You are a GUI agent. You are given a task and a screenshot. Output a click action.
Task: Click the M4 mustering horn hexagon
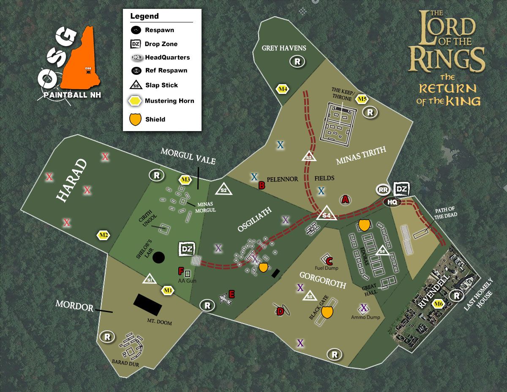[x=282, y=89]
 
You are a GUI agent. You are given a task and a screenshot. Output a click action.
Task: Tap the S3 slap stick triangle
[x=309, y=156]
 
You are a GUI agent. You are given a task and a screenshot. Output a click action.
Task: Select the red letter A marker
[x=345, y=200]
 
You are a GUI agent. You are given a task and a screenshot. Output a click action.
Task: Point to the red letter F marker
[x=181, y=271]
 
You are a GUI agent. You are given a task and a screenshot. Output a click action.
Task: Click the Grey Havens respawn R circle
[x=297, y=62]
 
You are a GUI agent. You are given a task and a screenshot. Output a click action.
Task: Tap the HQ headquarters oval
[x=393, y=202]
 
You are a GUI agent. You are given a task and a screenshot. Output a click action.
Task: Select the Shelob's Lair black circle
[x=158, y=257]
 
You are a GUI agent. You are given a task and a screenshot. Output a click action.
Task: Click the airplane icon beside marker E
[x=224, y=299]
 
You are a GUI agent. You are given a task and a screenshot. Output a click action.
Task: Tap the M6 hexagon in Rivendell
[x=439, y=304]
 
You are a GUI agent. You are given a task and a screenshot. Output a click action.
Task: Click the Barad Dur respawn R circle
[x=107, y=337]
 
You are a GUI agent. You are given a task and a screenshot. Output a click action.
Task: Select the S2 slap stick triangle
[x=224, y=189]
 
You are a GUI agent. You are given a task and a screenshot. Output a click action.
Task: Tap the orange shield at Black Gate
[x=327, y=312]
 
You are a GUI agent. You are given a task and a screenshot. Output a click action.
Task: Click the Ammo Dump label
[x=365, y=317]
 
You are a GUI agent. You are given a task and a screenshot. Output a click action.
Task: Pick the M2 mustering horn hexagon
[x=104, y=236]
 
